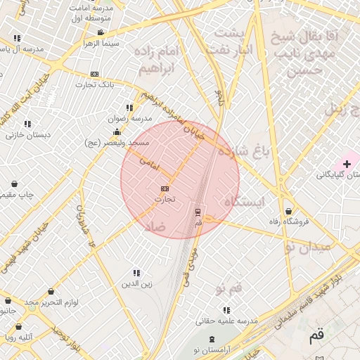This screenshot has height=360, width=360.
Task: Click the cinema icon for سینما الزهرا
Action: click(101, 32)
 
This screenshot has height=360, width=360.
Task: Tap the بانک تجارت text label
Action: click(96, 84)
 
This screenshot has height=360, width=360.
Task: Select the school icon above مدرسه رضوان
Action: click(129, 108)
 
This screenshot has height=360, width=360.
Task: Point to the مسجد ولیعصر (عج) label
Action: click(117, 143)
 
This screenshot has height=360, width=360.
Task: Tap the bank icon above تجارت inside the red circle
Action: click(165, 188)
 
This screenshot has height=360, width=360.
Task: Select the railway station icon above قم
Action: click(198, 211)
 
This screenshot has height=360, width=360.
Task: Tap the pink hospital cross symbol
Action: click(347, 164)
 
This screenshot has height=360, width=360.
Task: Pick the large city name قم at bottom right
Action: click(318, 336)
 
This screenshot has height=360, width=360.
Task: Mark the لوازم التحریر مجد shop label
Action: click(57, 302)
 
